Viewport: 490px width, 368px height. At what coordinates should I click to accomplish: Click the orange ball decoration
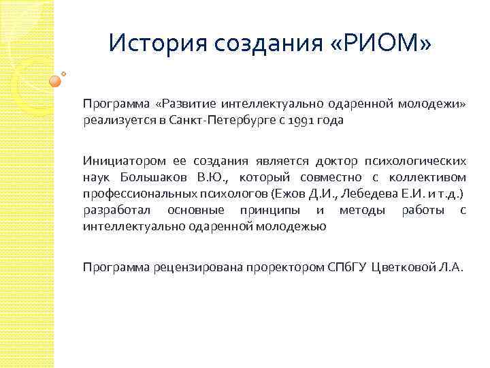55,80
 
